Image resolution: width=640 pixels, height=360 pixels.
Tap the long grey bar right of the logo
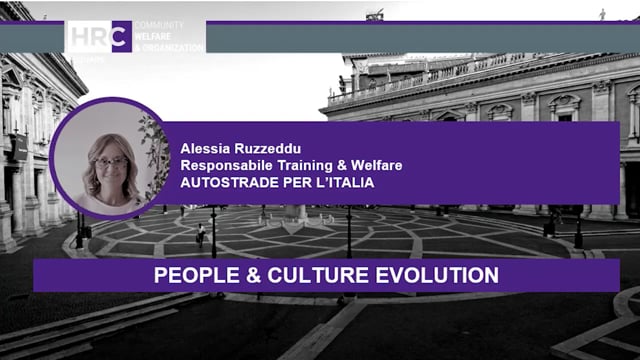click(420, 37)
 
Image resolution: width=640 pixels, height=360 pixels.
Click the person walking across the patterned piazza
click(201, 233)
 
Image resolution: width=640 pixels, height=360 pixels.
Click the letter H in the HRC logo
click(78, 36)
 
